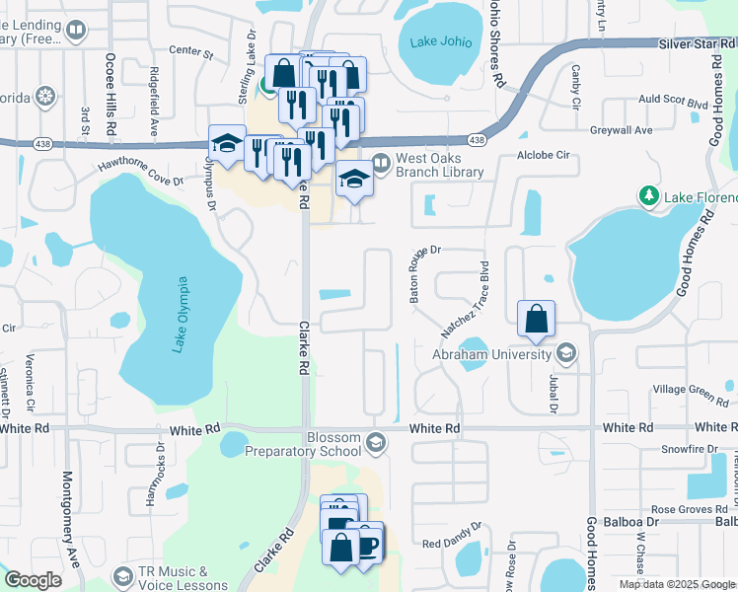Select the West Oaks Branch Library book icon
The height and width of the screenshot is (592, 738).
click(x=382, y=160)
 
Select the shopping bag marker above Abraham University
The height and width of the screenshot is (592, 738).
click(x=536, y=319)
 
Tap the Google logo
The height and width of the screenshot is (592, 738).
click(x=34, y=580)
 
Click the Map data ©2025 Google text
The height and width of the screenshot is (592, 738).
click(x=677, y=584)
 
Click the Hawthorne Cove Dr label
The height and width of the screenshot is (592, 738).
click(x=140, y=167)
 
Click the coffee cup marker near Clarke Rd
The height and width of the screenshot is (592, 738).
click(x=366, y=543)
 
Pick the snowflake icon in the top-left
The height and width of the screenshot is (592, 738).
click(x=44, y=97)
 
